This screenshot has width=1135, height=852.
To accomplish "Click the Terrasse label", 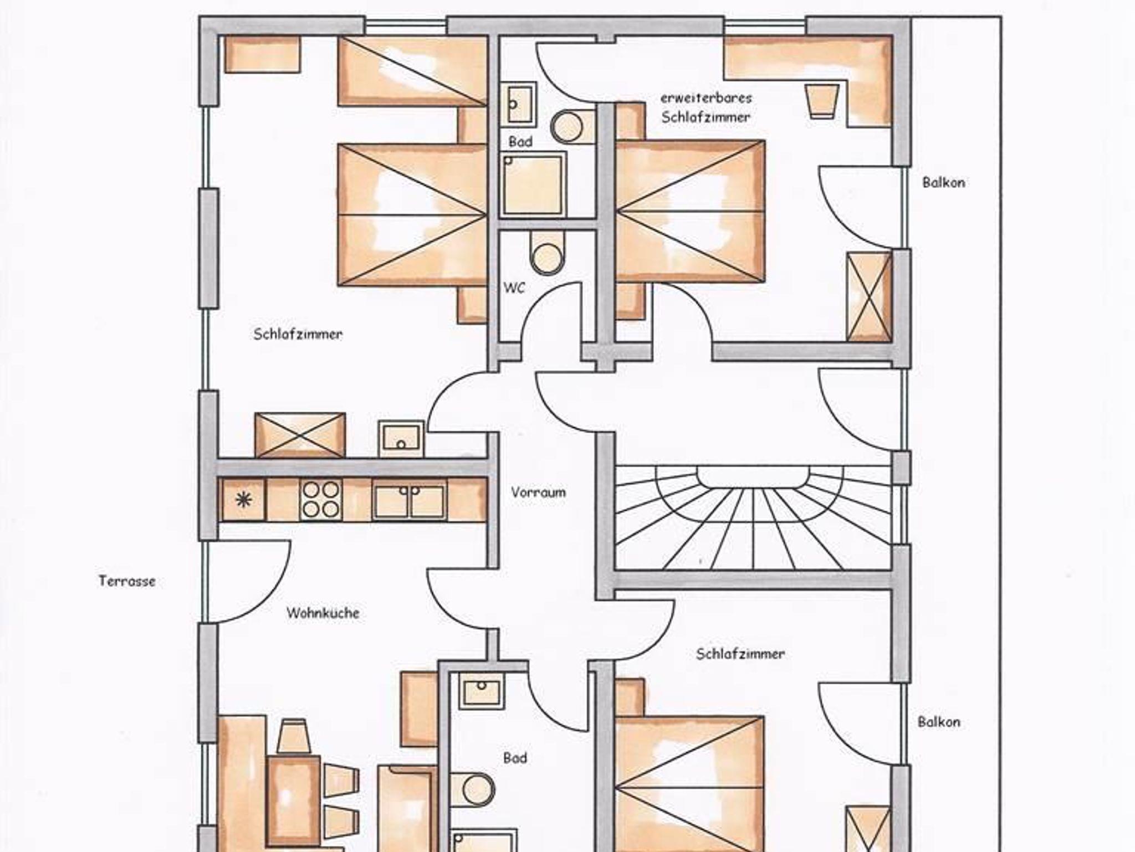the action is click(x=127, y=581).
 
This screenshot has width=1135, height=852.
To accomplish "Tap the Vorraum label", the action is click(x=538, y=492).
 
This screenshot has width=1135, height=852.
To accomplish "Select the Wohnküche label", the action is click(x=323, y=613).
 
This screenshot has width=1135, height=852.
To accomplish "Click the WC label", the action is click(x=514, y=288).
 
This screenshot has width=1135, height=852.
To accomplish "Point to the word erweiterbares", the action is click(x=706, y=98).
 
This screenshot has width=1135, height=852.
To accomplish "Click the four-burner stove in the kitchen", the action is click(x=320, y=500).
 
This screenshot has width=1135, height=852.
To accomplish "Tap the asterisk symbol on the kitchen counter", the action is click(x=243, y=500).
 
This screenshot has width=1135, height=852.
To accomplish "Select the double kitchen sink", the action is click(x=409, y=500).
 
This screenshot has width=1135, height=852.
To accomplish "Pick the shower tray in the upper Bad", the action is click(x=533, y=184).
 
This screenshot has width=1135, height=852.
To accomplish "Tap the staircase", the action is click(x=754, y=517).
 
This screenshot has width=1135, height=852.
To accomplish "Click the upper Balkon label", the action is click(x=943, y=182).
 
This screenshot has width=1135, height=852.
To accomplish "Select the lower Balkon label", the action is click(x=939, y=722).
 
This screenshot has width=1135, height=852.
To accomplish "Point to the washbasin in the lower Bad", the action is click(x=481, y=690).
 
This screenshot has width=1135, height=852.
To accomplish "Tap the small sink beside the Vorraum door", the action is click(x=401, y=439).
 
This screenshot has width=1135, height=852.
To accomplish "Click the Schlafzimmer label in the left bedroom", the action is click(x=298, y=334).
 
